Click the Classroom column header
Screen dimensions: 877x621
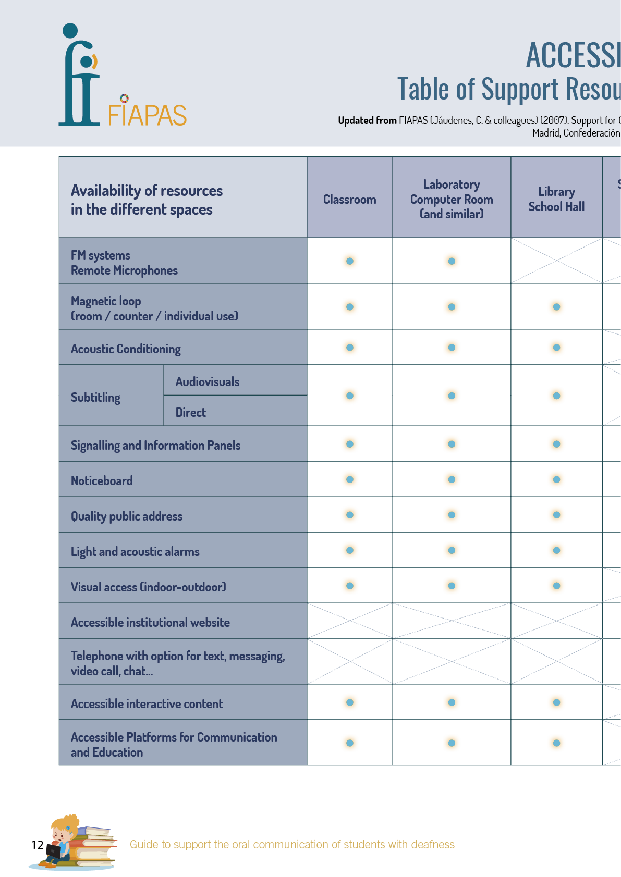click(349, 200)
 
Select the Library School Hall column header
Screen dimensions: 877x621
click(556, 200)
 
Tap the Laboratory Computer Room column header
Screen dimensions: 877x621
click(452, 199)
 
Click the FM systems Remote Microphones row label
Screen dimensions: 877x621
click(124, 263)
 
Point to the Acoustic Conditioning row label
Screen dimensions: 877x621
click(126, 349)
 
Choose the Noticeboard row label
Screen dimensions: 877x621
click(102, 480)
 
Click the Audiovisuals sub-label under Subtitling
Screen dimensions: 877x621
click(207, 382)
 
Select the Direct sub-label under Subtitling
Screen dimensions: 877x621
click(190, 413)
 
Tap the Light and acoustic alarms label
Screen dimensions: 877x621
click(135, 551)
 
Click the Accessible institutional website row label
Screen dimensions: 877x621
click(150, 622)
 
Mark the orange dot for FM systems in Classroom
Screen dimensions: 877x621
click(350, 261)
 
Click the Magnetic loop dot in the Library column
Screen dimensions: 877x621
click(556, 307)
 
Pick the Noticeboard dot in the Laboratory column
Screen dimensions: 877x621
click(452, 479)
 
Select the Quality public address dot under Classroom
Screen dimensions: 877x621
click(350, 515)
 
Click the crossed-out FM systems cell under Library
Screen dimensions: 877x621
click(556, 261)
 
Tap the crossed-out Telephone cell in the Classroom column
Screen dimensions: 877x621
click(350, 661)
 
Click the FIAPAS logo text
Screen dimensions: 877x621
click(147, 115)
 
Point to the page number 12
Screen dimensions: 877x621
click(37, 845)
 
